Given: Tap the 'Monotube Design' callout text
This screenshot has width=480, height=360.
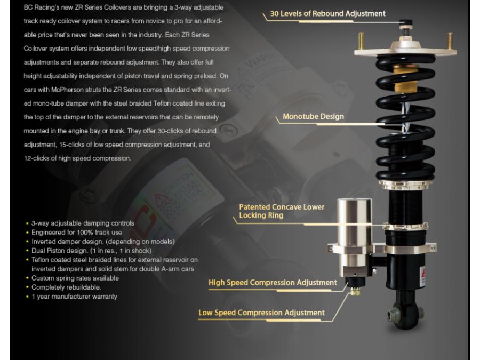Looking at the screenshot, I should (313, 116).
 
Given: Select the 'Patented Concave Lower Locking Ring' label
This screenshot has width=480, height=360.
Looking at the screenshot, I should (281, 212).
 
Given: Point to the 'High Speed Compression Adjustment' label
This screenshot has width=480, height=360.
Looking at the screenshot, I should (274, 282).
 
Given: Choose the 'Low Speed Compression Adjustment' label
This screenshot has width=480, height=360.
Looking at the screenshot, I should (261, 313).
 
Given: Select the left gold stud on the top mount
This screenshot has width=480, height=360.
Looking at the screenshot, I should (362, 40).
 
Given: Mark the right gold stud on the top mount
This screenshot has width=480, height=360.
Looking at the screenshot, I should (450, 40).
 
